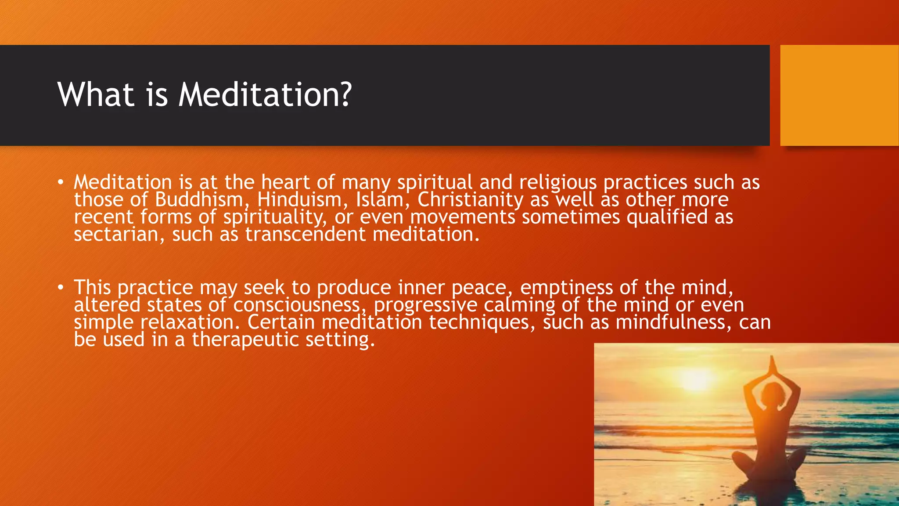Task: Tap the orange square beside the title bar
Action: (x=839, y=95)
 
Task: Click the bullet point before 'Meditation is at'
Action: (x=61, y=182)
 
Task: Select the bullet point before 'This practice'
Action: (x=61, y=288)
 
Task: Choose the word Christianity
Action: (x=470, y=200)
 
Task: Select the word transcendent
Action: (x=305, y=235)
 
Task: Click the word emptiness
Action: (x=566, y=288)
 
